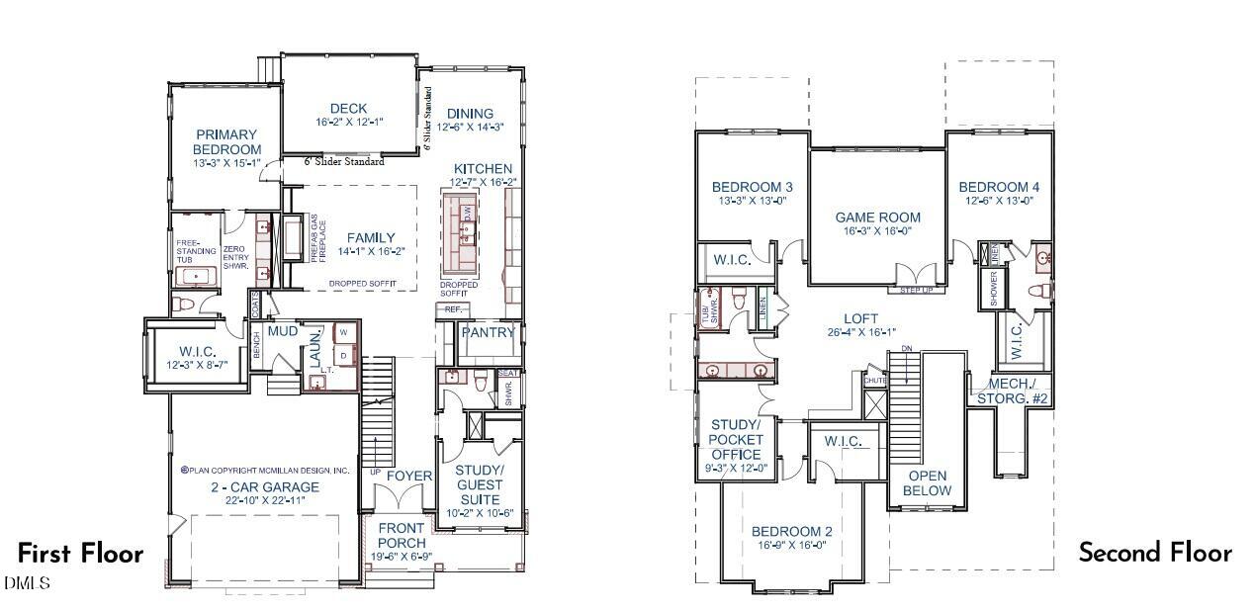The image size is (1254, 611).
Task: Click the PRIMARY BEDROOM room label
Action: point(226,141)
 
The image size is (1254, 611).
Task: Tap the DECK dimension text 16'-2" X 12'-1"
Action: point(349,123)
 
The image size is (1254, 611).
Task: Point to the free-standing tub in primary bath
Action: point(198,277)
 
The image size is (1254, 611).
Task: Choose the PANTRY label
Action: point(489,333)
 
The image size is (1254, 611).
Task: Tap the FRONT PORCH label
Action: point(402,536)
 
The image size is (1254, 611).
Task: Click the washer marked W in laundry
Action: point(343,333)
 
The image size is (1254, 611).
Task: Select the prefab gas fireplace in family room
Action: point(295,238)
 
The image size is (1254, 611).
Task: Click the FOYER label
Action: point(408,476)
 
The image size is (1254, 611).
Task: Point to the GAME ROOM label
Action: point(877,218)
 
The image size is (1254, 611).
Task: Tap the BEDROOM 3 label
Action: point(752,187)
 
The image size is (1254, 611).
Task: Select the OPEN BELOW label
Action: point(927,483)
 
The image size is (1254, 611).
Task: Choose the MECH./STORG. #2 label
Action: point(1012,392)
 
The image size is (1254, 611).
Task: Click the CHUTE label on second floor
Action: point(874,381)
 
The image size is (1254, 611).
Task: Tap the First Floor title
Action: point(80,554)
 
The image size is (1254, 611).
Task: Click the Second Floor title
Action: point(1154,553)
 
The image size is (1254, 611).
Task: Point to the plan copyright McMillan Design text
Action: point(264,471)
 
